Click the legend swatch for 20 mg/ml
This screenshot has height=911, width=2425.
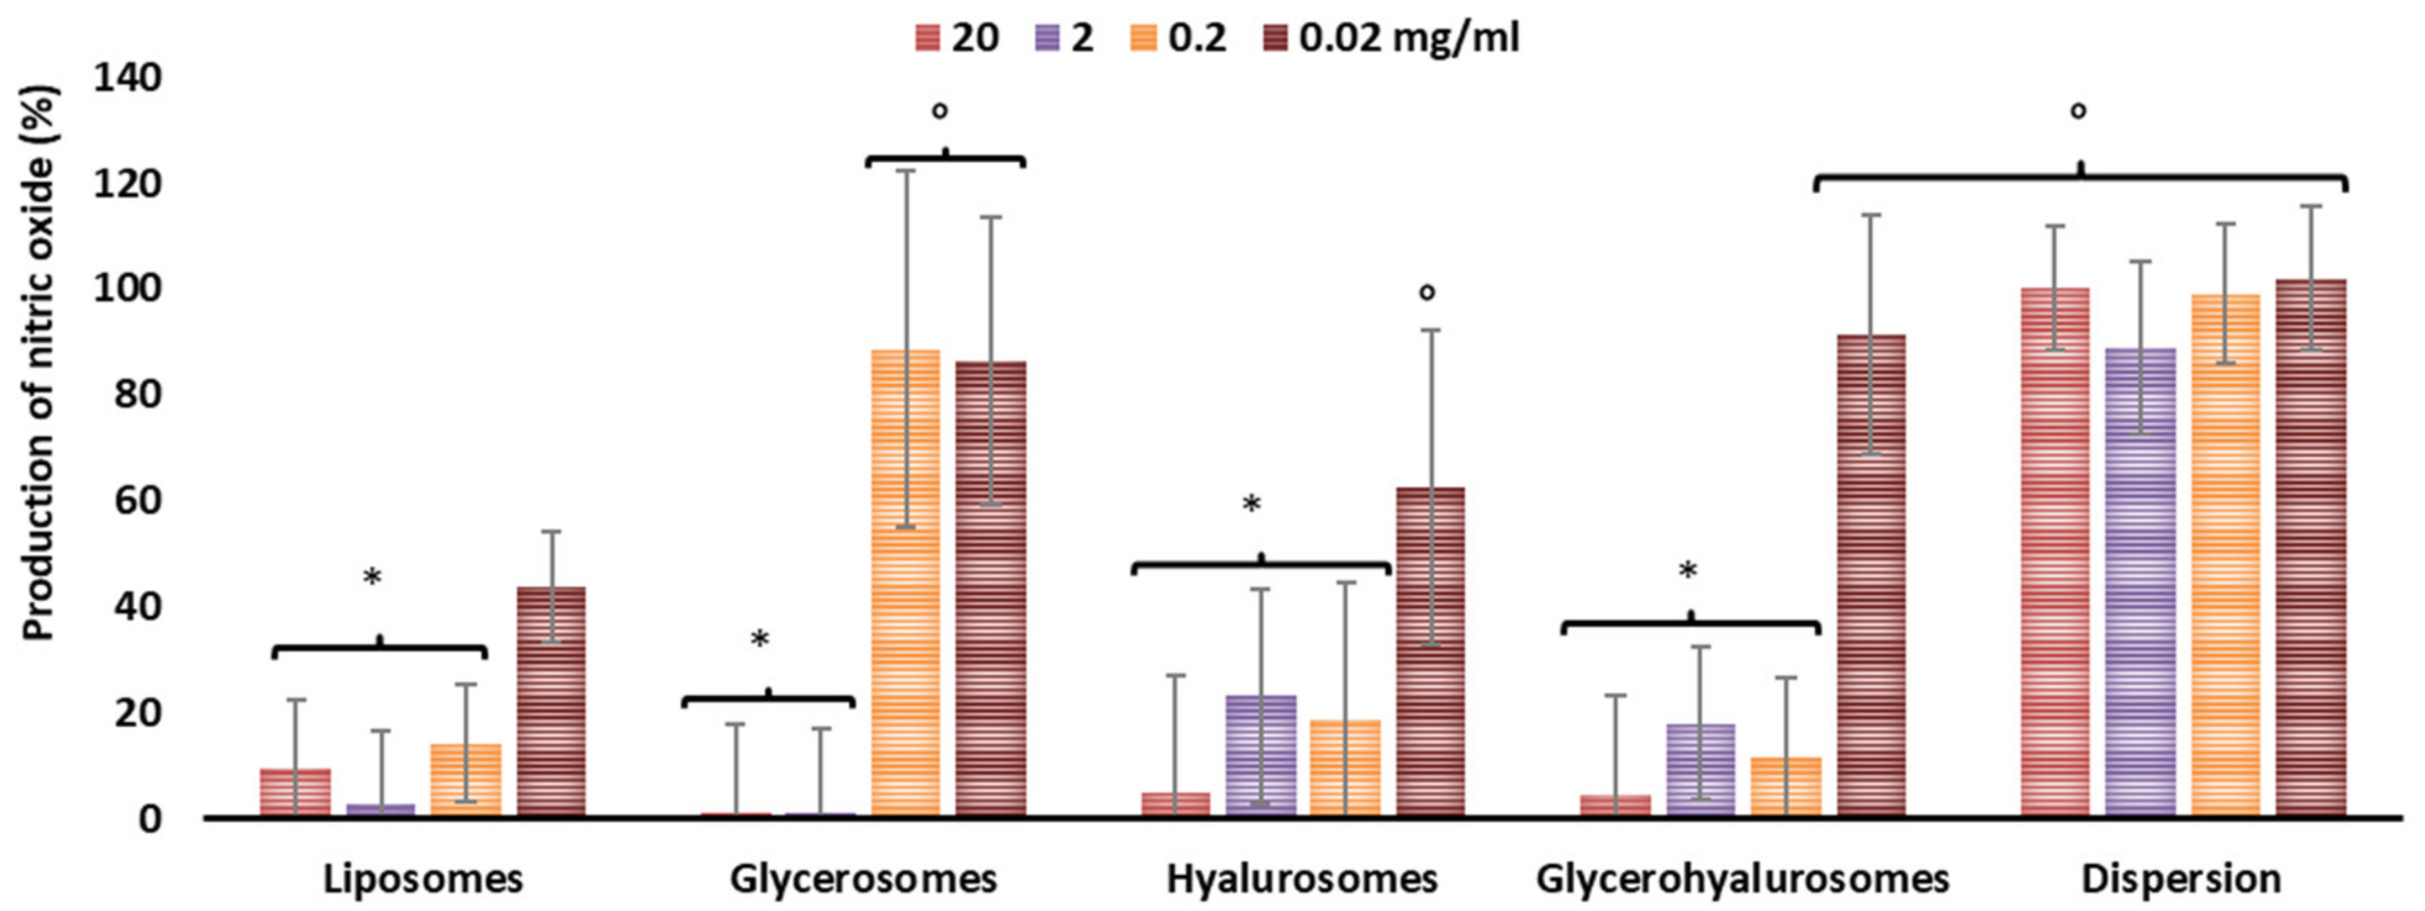927,38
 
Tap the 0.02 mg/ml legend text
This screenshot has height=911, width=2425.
1408,38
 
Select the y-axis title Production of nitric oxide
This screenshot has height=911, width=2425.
40,363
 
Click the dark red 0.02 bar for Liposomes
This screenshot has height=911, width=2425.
551,701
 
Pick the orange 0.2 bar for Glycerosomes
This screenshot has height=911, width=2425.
904,583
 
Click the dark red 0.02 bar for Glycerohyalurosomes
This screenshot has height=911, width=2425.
1872,574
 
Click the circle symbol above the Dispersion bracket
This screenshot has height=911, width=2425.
2078,111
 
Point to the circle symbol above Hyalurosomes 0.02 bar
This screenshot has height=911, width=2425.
1427,292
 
